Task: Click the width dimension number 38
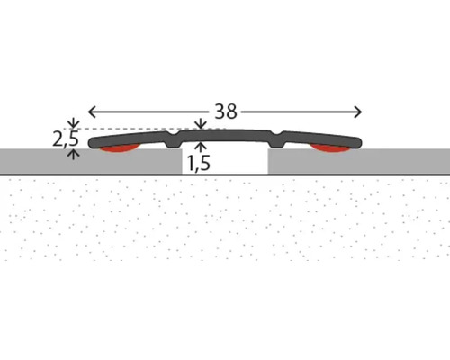coord(226,112)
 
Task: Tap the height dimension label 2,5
coord(66,139)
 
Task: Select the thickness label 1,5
coord(199,164)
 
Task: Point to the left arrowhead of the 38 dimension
coord(92,112)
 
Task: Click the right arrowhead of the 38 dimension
coord(358,112)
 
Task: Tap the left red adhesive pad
coord(119,149)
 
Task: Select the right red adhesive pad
coord(330,148)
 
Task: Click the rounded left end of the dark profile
coord(93,143)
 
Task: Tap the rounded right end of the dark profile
coord(357,143)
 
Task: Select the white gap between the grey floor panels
coord(225,161)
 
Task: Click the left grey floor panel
coord(91,161)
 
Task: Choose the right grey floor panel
coord(359,161)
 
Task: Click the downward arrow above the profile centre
coord(201,124)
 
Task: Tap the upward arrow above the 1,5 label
coord(201,148)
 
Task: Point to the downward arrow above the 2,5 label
coord(74,123)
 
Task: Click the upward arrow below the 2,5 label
coord(74,155)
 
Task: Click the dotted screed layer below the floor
coord(225,219)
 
